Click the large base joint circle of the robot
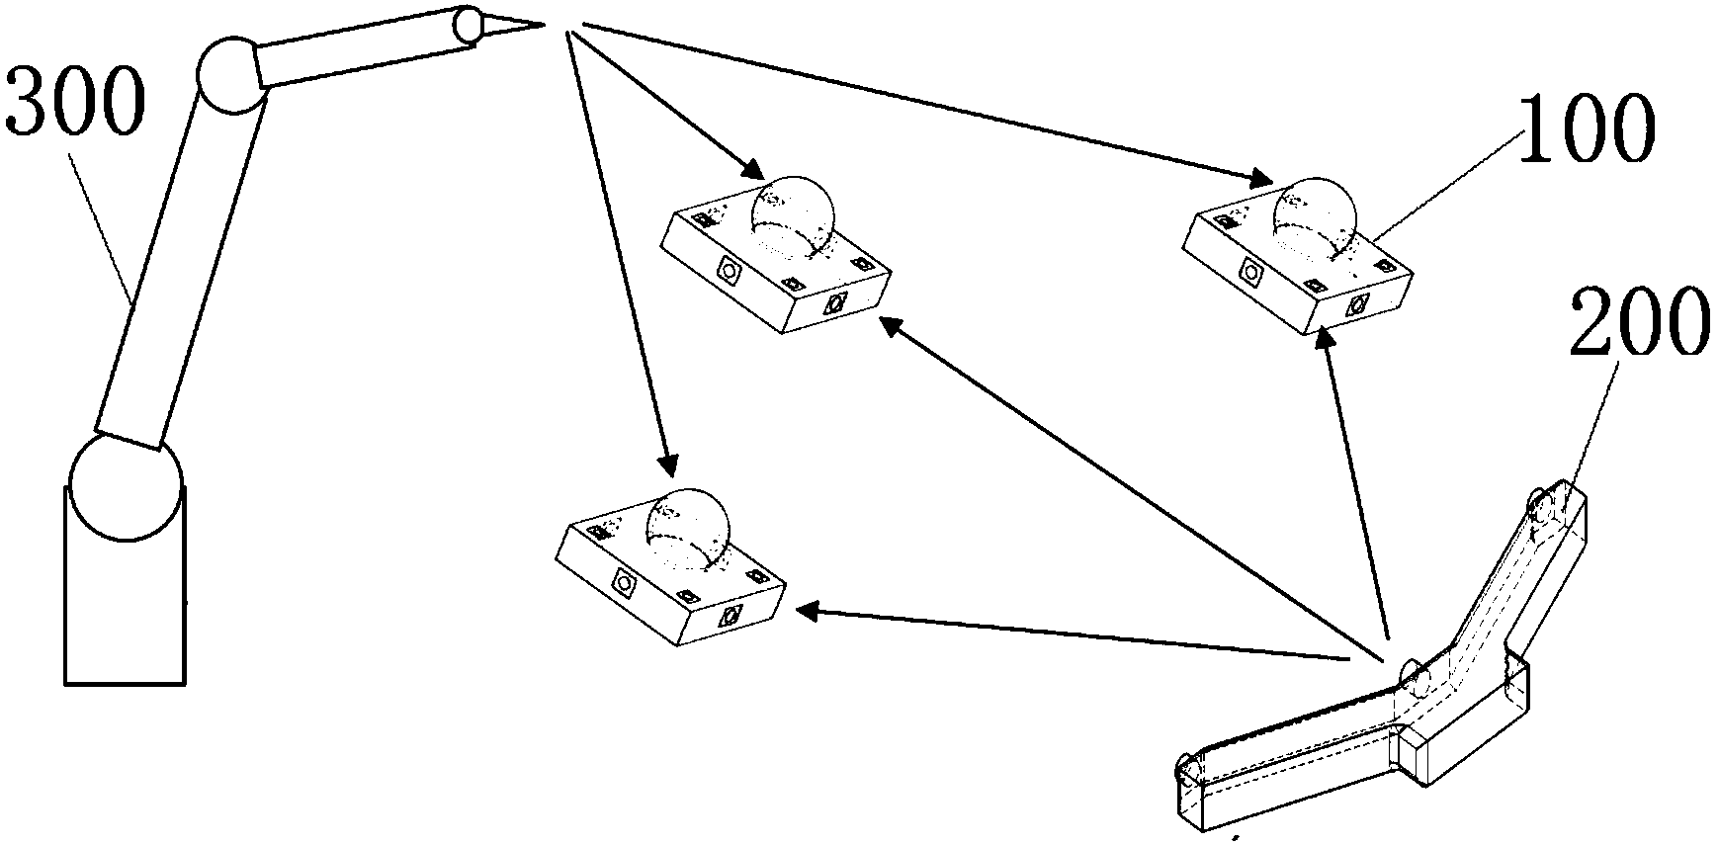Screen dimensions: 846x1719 click(x=126, y=487)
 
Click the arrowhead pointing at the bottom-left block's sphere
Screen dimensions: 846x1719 click(x=669, y=463)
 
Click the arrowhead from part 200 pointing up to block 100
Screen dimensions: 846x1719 click(x=1326, y=342)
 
